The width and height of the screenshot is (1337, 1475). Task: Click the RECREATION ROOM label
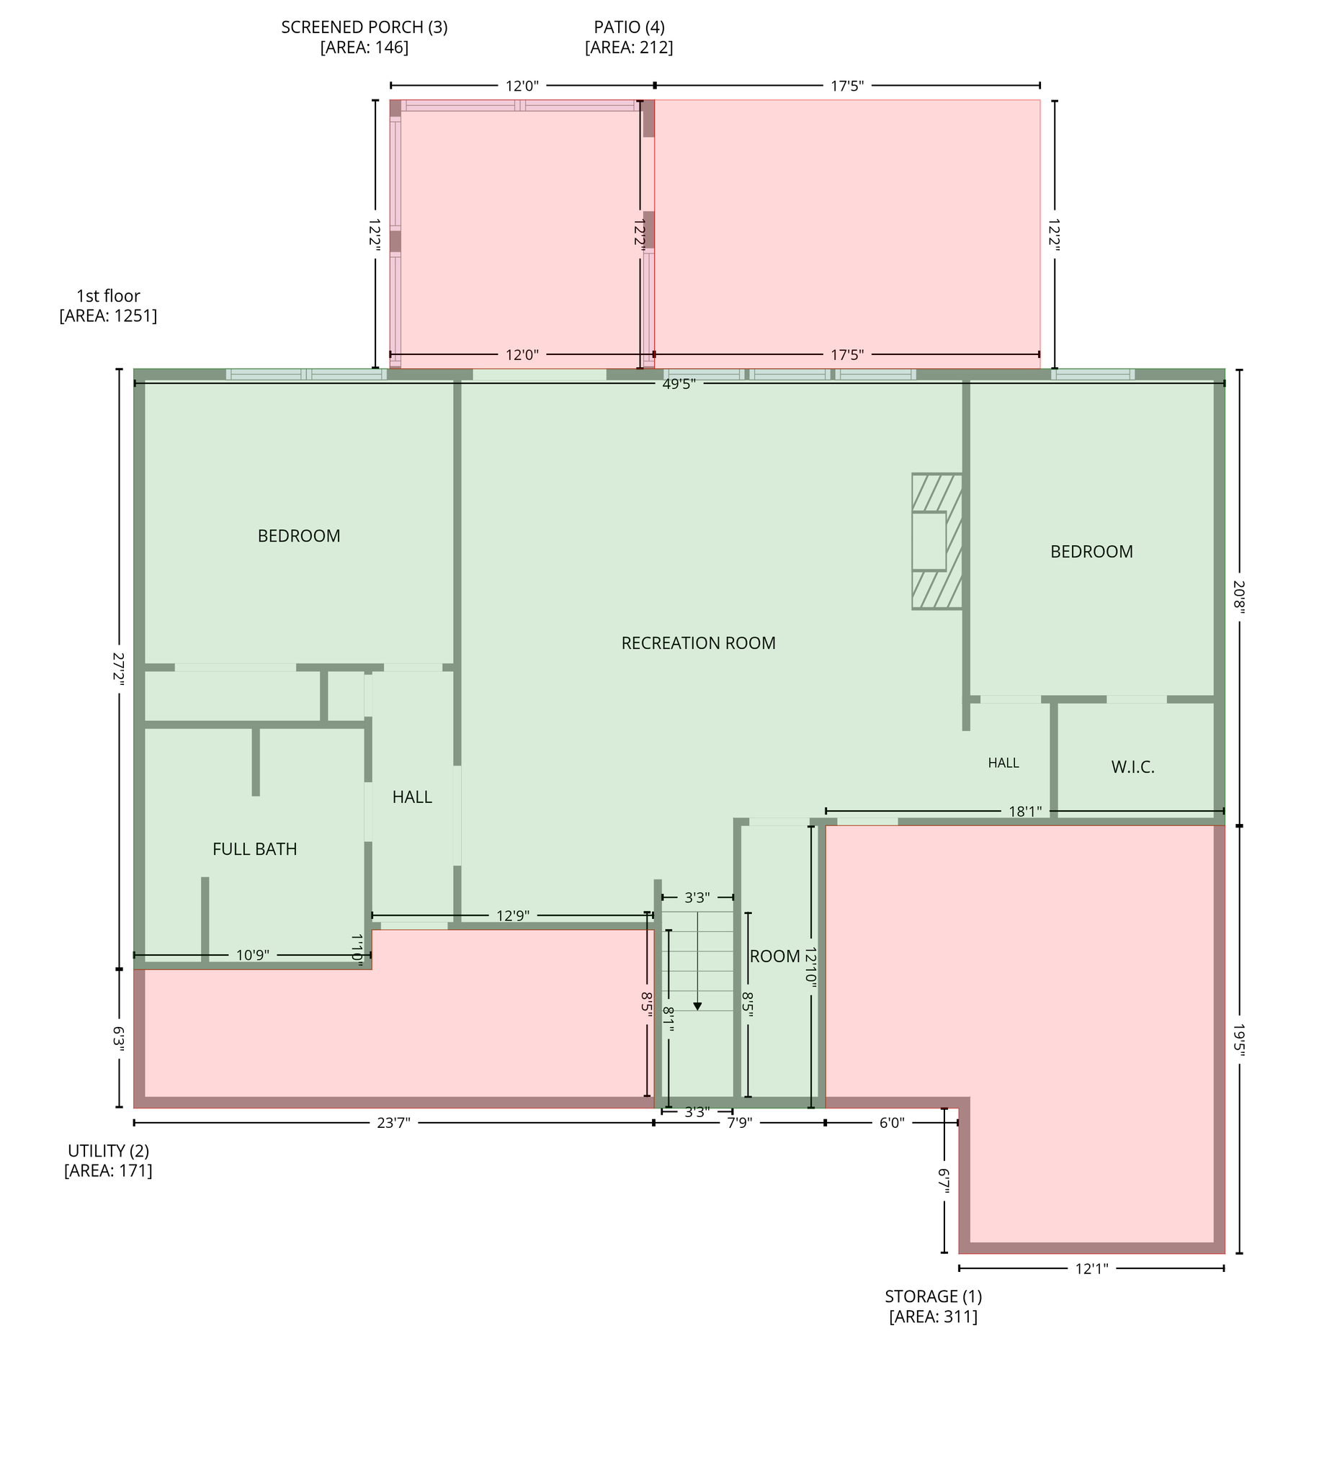click(698, 643)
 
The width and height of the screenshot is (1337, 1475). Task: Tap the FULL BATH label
click(255, 849)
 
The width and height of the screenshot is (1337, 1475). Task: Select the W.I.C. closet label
click(1133, 768)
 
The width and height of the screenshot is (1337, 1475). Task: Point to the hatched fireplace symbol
click(936, 542)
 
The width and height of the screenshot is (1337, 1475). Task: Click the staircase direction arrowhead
click(697, 1007)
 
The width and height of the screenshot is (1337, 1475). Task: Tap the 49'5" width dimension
click(679, 383)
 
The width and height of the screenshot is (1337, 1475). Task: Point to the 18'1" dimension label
click(1024, 812)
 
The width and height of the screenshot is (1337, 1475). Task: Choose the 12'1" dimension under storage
click(1091, 1269)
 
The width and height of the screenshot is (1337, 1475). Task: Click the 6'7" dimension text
click(944, 1181)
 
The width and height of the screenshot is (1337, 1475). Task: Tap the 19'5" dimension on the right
click(1238, 1040)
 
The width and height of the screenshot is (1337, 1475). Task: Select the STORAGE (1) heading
click(933, 1296)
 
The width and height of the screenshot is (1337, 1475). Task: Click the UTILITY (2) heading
click(108, 1150)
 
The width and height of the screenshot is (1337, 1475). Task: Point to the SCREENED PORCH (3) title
click(365, 27)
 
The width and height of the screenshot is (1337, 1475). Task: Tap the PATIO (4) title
click(630, 27)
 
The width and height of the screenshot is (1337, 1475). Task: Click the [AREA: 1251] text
click(108, 316)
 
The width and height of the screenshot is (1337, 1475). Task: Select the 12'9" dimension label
click(513, 916)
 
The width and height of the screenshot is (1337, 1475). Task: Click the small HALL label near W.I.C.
click(1003, 763)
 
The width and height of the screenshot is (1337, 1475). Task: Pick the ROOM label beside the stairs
click(775, 956)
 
